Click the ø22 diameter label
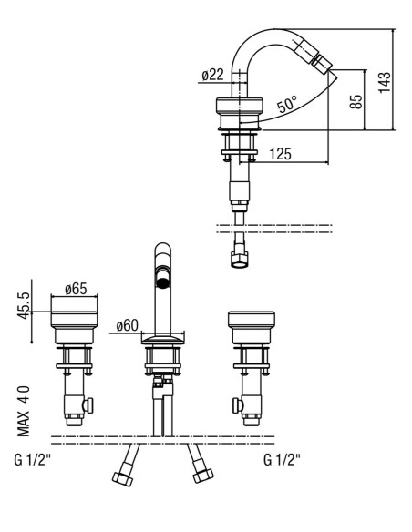[212, 75]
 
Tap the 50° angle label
[287, 104]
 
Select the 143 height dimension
[385, 82]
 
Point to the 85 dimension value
[356, 101]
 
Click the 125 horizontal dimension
[281, 154]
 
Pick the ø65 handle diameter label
[76, 289]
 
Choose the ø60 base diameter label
[128, 326]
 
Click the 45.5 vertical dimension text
[24, 305]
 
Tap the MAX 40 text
[24, 411]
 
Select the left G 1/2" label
[33, 460]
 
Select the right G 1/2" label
[282, 460]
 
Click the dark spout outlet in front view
[163, 282]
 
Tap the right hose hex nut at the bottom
[203, 475]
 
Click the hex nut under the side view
[240, 260]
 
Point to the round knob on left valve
[88, 405]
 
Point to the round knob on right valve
[238, 405]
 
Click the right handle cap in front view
[252, 320]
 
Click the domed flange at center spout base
[163, 340]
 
